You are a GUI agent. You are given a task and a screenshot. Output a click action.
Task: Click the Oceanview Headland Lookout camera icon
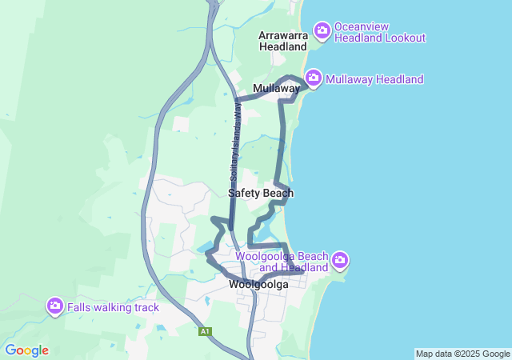(x=322, y=31)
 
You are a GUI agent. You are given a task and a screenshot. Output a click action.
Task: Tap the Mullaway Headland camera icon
(x=314, y=78)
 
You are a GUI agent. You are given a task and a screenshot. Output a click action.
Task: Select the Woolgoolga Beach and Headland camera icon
(x=341, y=260)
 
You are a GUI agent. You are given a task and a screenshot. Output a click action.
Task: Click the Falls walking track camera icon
(x=55, y=306)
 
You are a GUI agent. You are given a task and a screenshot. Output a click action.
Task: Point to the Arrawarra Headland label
(x=283, y=42)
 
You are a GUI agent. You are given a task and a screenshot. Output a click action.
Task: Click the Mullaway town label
(x=276, y=88)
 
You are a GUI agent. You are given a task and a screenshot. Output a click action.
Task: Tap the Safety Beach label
(x=261, y=193)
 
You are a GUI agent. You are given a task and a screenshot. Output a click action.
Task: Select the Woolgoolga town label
(x=258, y=284)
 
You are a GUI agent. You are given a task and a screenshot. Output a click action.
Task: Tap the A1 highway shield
(x=206, y=330)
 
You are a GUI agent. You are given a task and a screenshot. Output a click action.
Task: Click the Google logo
(x=26, y=350)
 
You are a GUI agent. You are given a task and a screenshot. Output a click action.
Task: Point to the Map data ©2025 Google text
(x=462, y=354)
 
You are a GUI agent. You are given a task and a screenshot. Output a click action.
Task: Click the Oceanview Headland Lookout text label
(x=380, y=32)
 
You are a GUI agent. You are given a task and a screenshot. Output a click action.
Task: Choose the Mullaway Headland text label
(x=374, y=79)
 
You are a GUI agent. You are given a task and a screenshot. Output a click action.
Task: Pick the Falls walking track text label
(x=113, y=307)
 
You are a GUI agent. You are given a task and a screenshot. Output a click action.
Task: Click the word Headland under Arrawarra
(x=283, y=47)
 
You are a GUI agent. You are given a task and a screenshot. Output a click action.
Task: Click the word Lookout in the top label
(x=406, y=38)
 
